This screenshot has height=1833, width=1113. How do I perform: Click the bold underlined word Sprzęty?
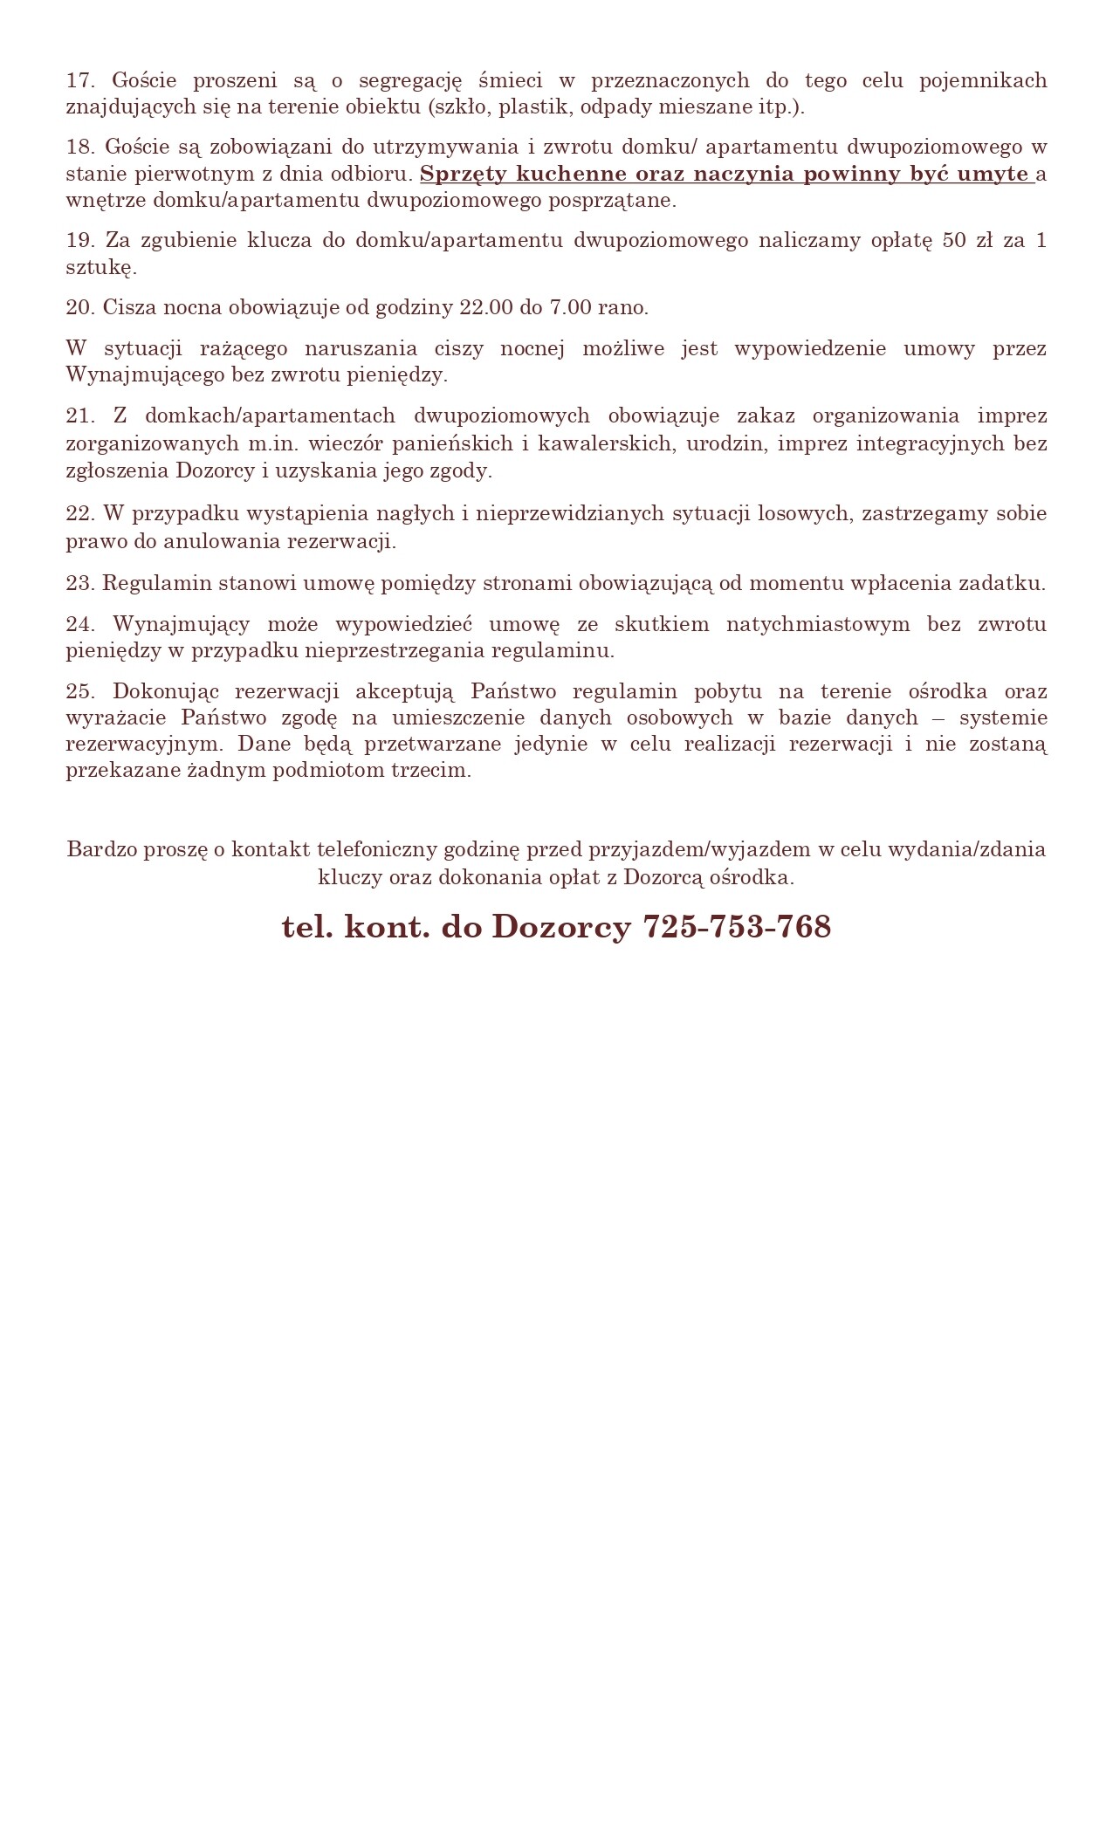click(x=463, y=174)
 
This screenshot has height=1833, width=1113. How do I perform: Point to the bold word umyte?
click(x=993, y=174)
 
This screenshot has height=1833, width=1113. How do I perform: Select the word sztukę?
click(x=101, y=268)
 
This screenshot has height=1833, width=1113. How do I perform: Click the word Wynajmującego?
click(x=145, y=376)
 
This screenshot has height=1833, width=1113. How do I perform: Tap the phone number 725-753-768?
click(x=737, y=927)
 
